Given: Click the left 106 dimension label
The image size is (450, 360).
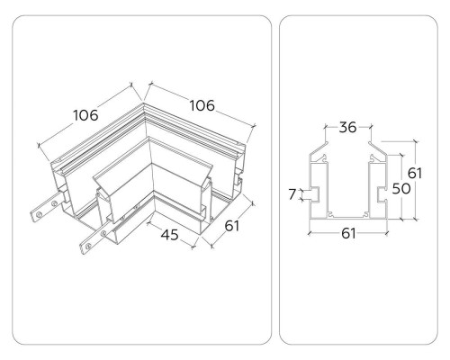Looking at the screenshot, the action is point(85,115).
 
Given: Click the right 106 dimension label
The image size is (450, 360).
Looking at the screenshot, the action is point(202,105).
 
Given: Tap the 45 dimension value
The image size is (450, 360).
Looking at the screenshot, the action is point(170,235).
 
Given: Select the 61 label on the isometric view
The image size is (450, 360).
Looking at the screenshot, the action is point(232,226).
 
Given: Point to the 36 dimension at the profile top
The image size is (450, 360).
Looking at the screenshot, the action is point(347,127).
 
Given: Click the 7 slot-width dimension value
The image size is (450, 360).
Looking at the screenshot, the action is point(292,194).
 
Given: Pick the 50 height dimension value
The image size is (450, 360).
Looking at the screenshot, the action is point(401,189).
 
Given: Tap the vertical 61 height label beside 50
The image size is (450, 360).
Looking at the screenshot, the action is point(415,173).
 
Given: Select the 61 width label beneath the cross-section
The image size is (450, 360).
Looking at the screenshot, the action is point(348,233).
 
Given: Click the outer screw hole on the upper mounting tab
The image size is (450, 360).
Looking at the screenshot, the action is point(39,214).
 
